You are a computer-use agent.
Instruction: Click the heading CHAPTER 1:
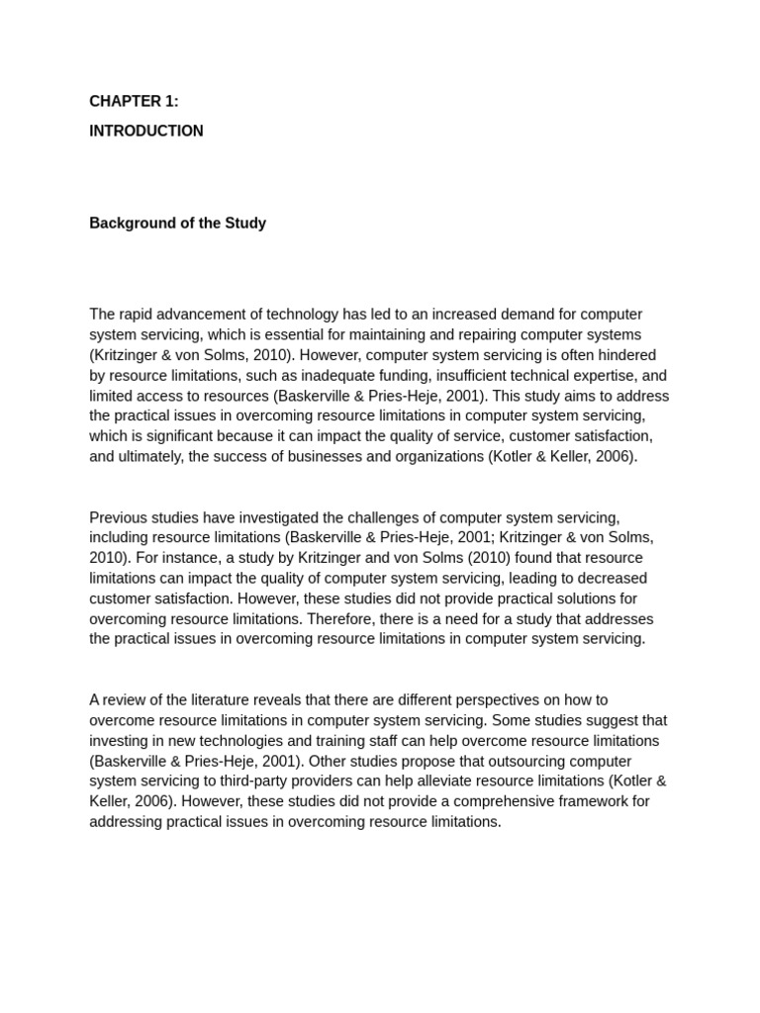134,101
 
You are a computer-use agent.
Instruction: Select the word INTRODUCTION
146,131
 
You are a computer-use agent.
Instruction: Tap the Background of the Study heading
177,223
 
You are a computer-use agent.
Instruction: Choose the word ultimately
151,457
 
